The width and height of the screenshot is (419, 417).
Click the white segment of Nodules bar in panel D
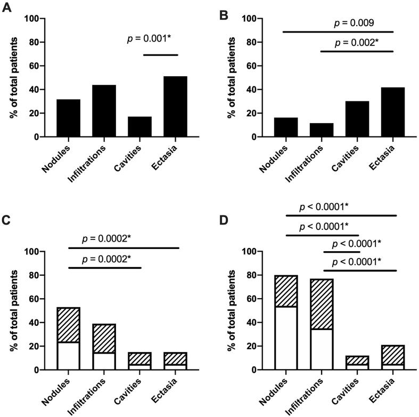coord(286,338)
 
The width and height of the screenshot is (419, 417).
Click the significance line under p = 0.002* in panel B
coord(357,51)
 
